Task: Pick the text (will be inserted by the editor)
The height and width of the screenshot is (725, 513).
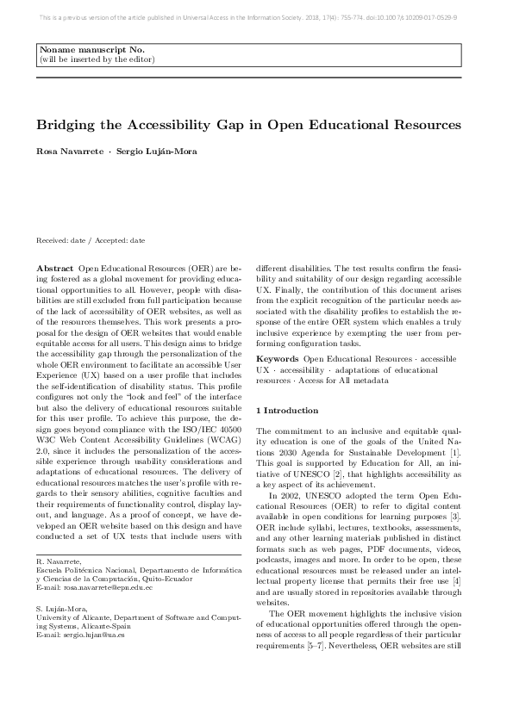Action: click(97, 60)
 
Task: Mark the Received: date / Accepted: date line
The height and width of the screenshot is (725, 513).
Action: click(90, 241)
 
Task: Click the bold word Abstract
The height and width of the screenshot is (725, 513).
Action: click(54, 270)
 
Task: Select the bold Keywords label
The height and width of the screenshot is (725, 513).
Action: click(278, 358)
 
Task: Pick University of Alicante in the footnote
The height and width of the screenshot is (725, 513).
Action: click(76, 617)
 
